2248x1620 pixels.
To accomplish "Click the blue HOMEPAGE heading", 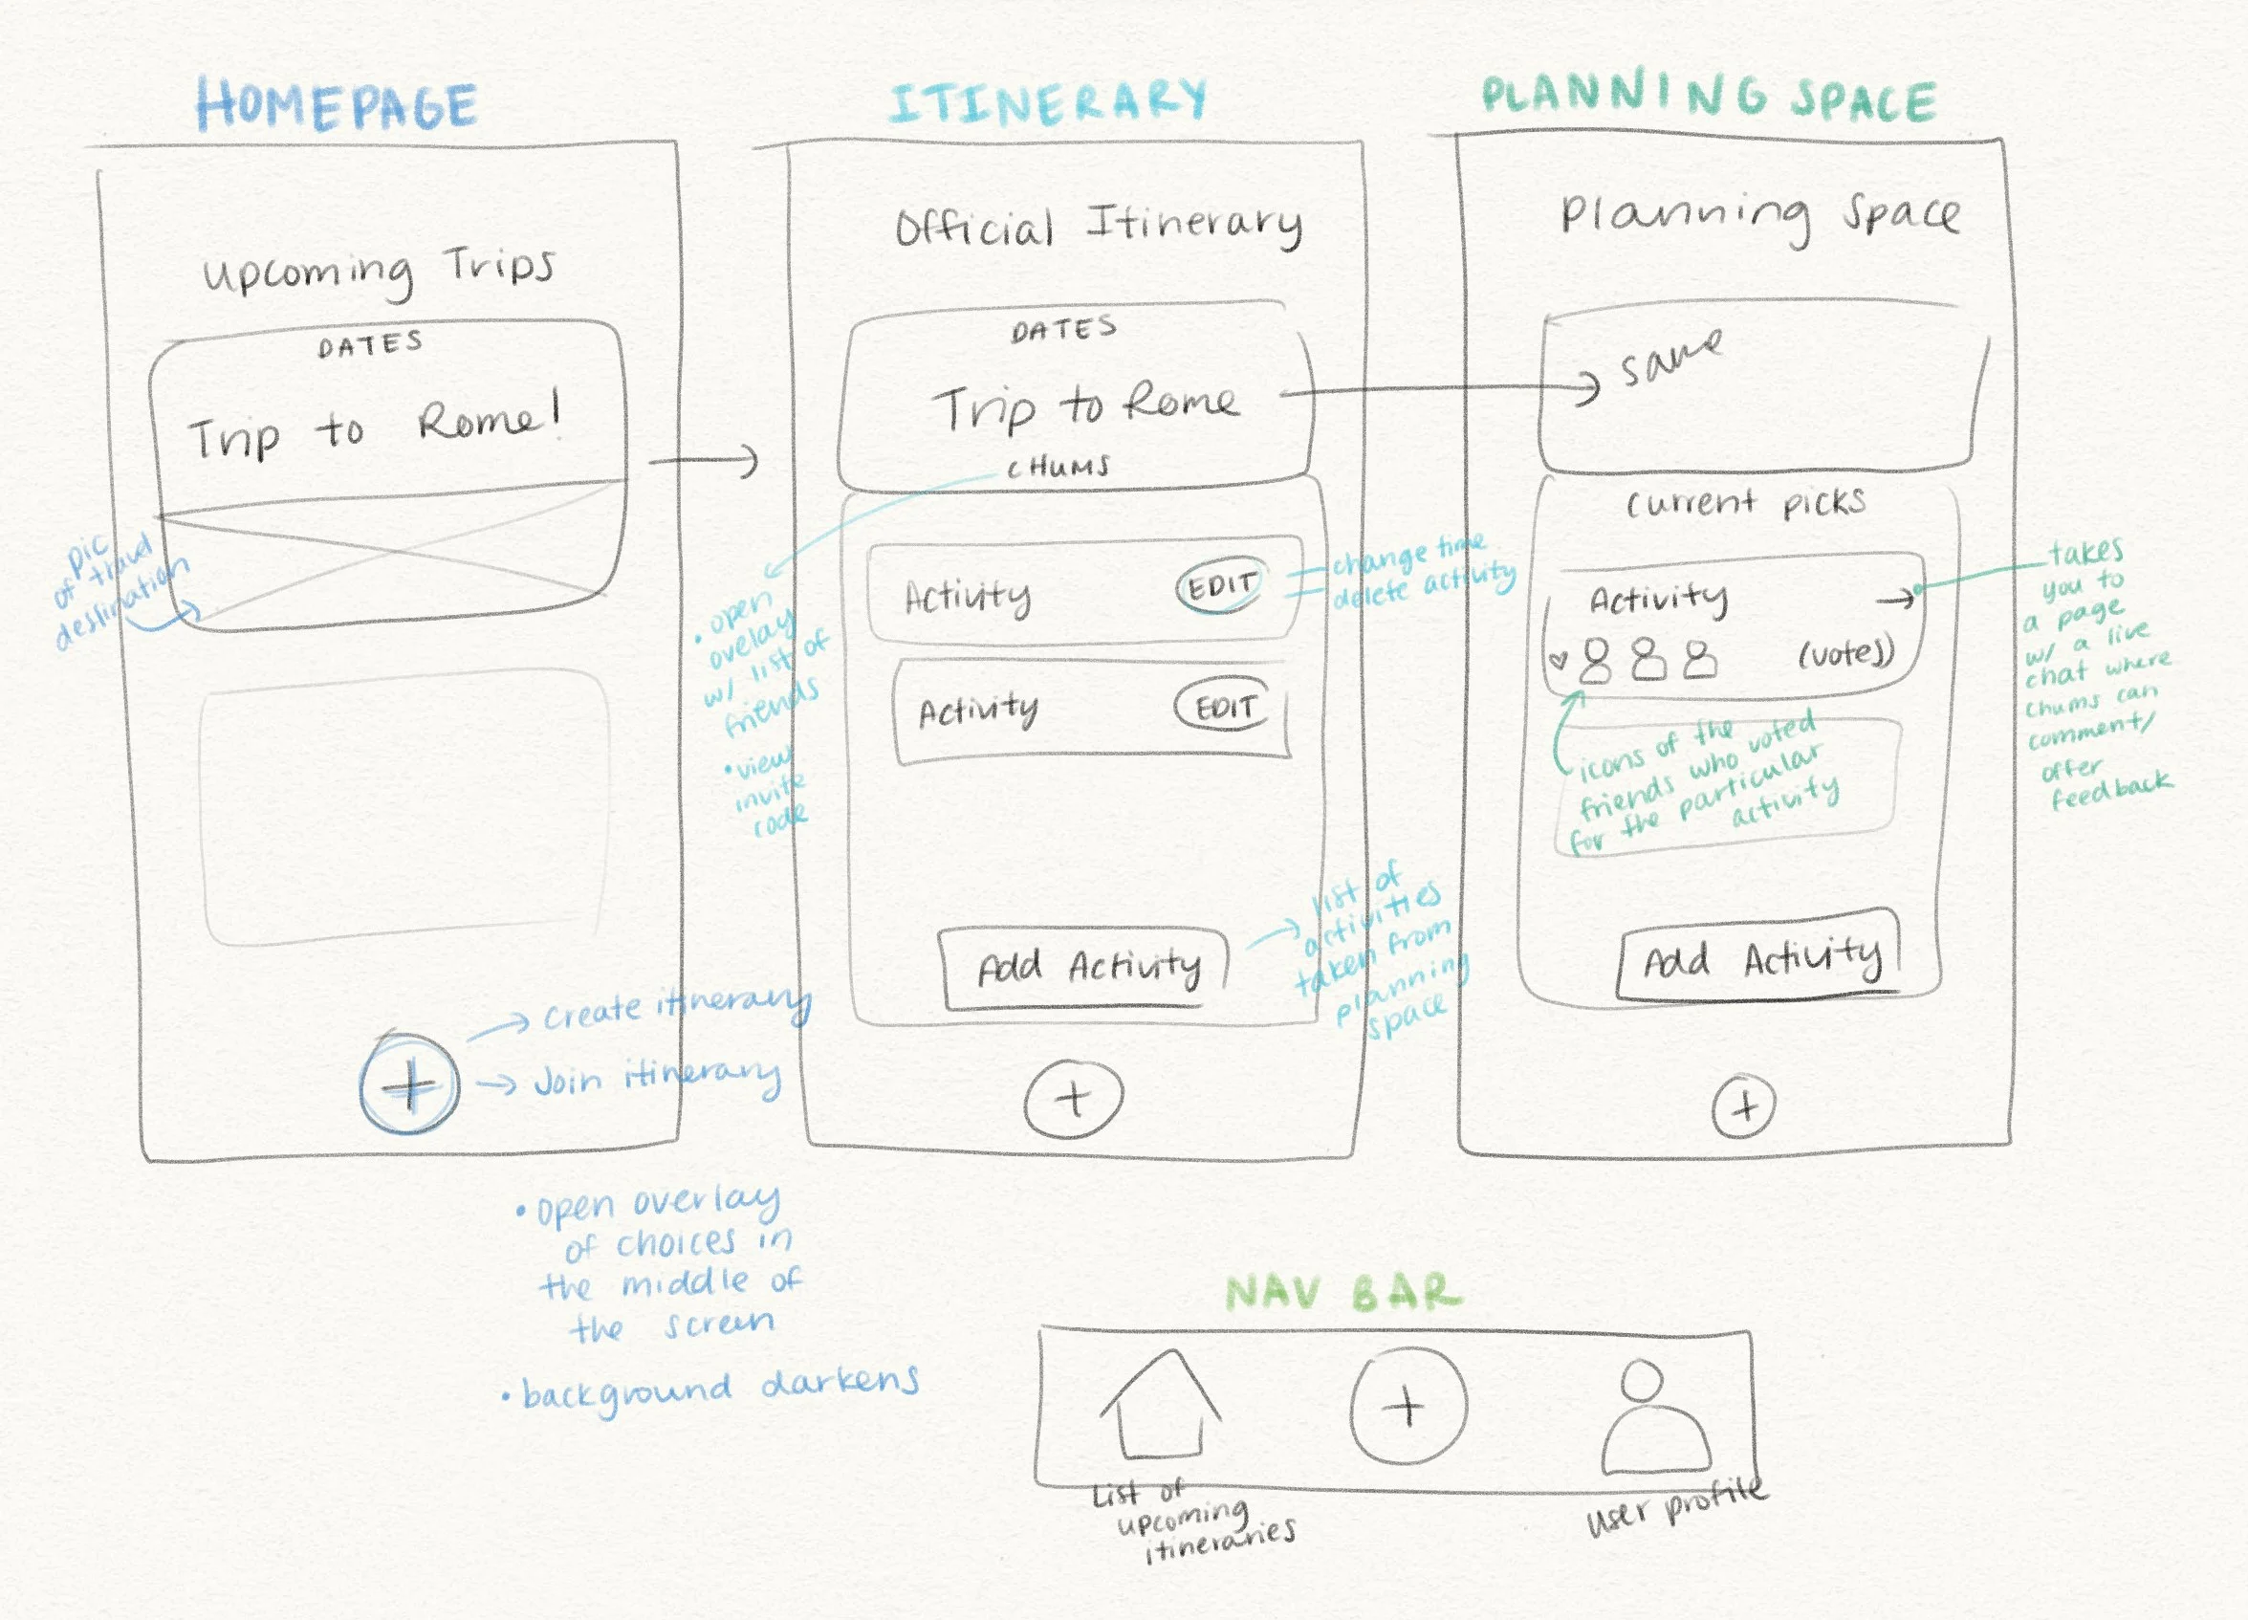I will pyautogui.click(x=337, y=105).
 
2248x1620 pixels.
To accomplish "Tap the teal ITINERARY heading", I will pyautogui.click(x=1047, y=101).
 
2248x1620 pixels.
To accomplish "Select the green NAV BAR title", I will pyautogui.click(x=1343, y=1293).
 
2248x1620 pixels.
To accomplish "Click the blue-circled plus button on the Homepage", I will pyautogui.click(x=409, y=1084).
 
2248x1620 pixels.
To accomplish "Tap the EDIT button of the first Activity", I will pyautogui.click(x=1221, y=587).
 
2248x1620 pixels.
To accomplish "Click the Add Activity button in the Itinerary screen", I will pyautogui.click(x=1086, y=967).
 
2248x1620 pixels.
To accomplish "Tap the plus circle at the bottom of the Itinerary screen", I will pyautogui.click(x=1074, y=1100).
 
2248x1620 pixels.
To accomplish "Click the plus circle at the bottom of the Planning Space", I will pyautogui.click(x=1744, y=1106).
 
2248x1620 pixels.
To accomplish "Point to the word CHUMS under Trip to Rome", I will pyautogui.click(x=1058, y=467).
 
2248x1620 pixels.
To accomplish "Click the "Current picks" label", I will pyautogui.click(x=1744, y=504).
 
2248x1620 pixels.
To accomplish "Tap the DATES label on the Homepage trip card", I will pyautogui.click(x=371, y=345).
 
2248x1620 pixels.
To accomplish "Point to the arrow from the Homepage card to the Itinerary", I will pyautogui.click(x=704, y=461).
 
